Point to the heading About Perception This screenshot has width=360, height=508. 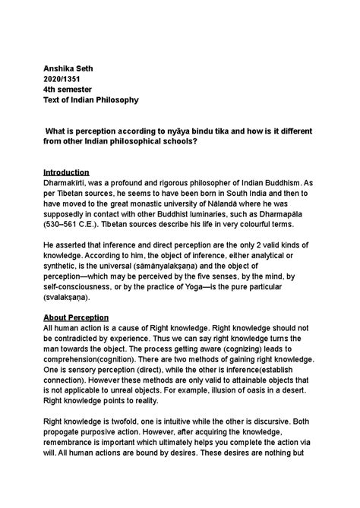[x=76, y=316]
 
